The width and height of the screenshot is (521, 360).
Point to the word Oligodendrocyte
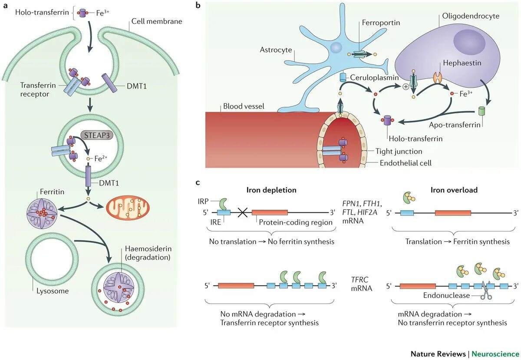[471, 16]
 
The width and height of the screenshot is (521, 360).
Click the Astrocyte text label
[275, 50]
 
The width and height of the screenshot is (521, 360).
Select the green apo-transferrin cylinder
[482, 111]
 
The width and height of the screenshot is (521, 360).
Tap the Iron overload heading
[454, 190]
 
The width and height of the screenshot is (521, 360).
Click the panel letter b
[198, 6]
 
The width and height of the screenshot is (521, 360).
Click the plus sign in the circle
[406, 86]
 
